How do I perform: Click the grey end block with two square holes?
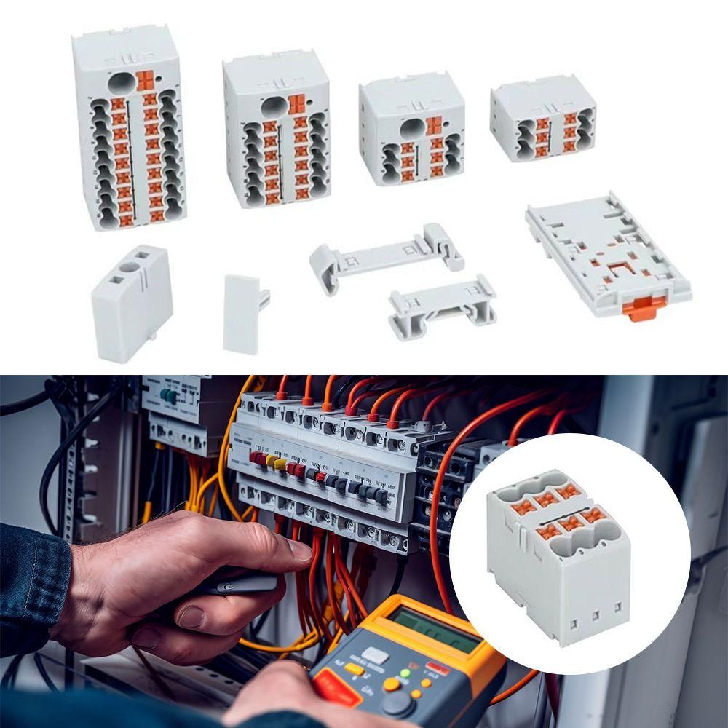131,302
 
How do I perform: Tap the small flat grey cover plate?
243,313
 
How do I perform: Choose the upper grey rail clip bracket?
386,255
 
